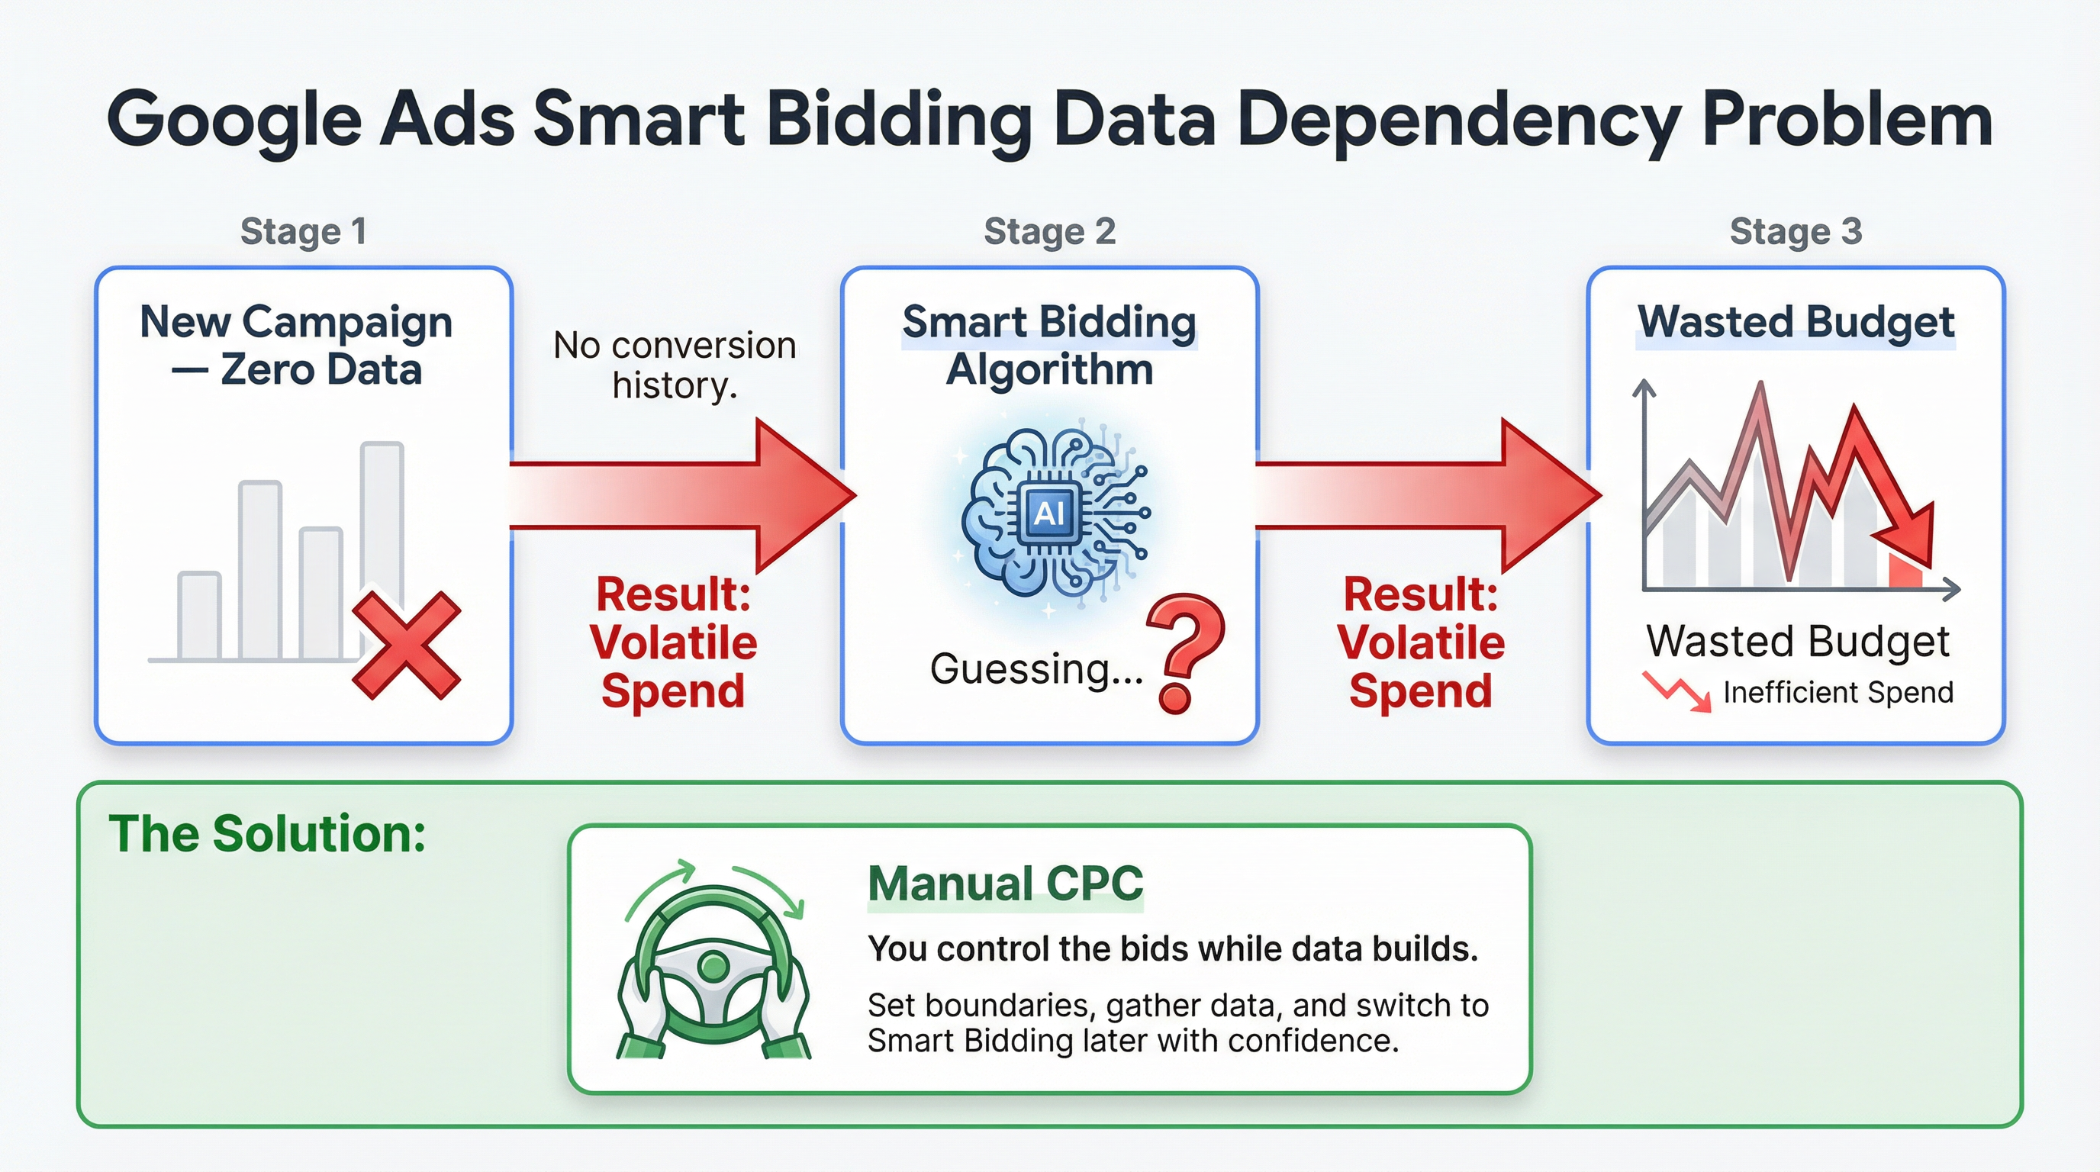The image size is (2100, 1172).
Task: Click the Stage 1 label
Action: click(302, 231)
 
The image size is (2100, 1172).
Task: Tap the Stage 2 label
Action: click(1049, 231)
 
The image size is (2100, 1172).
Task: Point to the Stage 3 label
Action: click(1796, 231)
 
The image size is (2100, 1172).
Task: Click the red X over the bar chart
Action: click(407, 646)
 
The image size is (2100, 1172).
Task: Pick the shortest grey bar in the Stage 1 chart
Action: click(199, 615)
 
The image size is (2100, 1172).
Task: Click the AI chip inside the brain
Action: click(1048, 514)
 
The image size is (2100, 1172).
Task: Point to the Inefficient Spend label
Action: click(1837, 693)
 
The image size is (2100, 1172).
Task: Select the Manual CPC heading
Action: click(1005, 884)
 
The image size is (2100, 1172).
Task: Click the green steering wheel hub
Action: click(714, 968)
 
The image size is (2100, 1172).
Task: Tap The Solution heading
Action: click(267, 834)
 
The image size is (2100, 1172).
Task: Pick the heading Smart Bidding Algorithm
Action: click(1049, 346)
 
